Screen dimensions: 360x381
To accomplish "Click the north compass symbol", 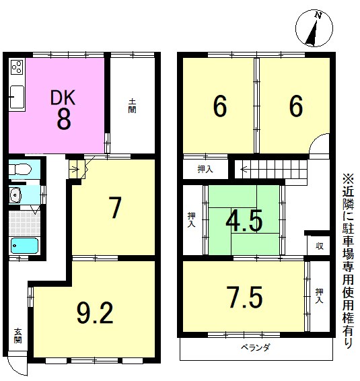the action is [314, 28].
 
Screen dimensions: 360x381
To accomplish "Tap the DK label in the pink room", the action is [63, 98].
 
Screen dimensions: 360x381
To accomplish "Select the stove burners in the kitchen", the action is [17, 67].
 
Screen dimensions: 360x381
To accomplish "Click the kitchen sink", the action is [17, 97].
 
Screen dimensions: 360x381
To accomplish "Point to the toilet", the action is [20, 169].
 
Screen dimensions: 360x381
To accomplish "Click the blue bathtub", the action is [24, 246].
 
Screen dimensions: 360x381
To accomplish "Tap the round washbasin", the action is [15, 195].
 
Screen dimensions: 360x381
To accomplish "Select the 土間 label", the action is [132, 106].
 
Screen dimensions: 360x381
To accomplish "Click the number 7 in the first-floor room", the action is [114, 207].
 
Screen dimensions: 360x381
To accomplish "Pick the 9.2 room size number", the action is [95, 313].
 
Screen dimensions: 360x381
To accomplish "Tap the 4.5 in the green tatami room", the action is [244, 220].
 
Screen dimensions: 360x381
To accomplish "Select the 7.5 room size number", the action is [245, 297].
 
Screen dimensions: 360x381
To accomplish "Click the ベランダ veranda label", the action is [256, 347].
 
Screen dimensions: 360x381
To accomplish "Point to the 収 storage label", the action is [320, 246].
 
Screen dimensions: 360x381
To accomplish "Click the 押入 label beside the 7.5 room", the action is [319, 296].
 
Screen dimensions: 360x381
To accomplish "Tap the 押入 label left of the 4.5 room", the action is [191, 220].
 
